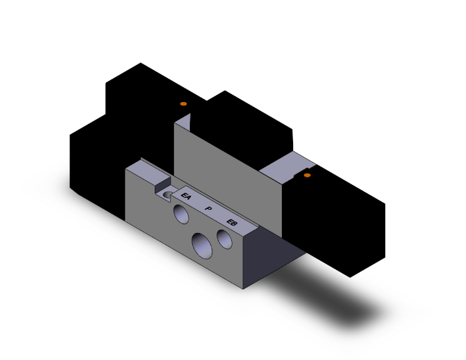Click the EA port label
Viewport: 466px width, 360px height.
click(x=185, y=197)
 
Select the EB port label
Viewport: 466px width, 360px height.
click(x=232, y=222)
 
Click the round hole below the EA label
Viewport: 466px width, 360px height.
click(x=182, y=215)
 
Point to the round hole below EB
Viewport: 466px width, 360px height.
click(x=224, y=239)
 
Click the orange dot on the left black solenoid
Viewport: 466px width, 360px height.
click(x=183, y=103)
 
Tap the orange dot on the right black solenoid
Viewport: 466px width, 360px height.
click(x=307, y=175)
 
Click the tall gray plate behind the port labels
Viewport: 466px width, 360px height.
click(x=225, y=169)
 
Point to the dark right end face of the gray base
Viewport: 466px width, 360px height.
click(x=263, y=257)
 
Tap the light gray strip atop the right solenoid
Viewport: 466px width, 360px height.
click(x=285, y=166)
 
